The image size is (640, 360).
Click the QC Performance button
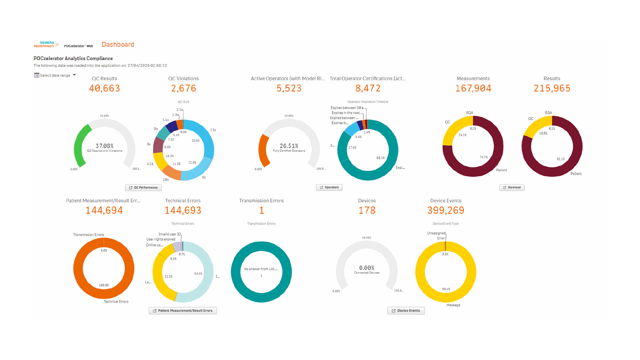click(143, 188)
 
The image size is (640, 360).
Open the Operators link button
click(329, 187)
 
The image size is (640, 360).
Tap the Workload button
click(512, 187)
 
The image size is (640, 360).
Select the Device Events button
click(406, 311)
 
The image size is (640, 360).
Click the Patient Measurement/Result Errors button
click(183, 311)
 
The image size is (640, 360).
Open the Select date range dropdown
click(55, 75)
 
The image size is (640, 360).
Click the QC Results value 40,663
click(104, 88)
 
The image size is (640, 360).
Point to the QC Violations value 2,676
click(183, 88)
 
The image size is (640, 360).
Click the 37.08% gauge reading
click(104, 146)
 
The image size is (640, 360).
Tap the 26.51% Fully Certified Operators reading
click(289, 146)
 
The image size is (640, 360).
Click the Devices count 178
click(367, 210)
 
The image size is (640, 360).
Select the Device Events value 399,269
click(446, 210)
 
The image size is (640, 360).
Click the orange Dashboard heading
click(118, 45)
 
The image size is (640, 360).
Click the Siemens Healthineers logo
click(46, 44)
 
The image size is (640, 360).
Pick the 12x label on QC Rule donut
click(213, 130)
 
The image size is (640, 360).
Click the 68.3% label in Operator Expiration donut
click(380, 158)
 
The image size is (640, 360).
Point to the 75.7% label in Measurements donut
click(483, 157)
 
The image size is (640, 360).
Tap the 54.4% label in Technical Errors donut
click(198, 274)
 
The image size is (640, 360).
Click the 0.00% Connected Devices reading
click(367, 268)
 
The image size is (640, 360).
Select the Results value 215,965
click(552, 88)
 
